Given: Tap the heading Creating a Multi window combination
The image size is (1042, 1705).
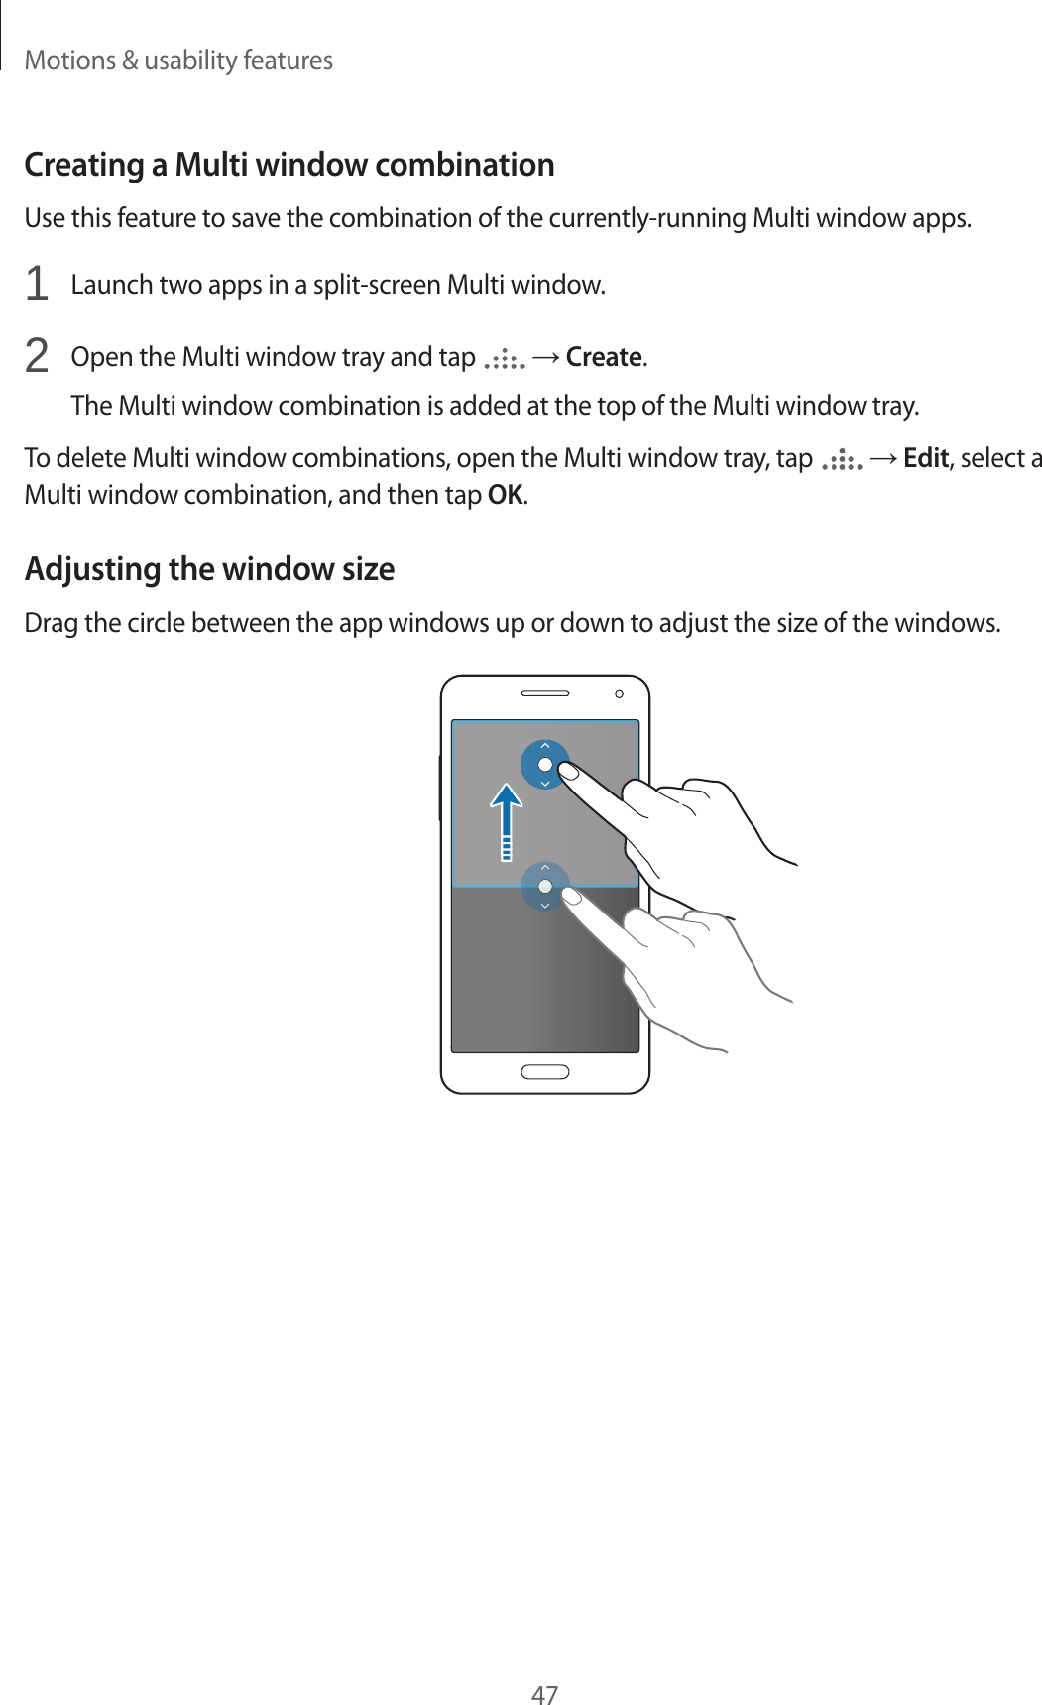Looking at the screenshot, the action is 289,164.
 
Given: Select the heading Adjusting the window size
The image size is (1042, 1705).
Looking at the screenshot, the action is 209,568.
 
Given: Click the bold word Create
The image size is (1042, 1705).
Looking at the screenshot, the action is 605,357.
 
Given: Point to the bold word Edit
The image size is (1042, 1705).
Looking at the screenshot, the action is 926,458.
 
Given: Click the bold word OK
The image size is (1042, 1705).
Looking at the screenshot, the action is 506,495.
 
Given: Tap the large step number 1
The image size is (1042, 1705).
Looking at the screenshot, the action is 37,285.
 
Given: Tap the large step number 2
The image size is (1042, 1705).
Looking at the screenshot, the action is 37,356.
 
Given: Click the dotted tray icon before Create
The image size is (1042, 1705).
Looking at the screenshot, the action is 504,359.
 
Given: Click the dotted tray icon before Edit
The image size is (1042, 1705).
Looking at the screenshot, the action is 842,460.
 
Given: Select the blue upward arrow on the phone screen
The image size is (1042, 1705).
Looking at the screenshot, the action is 507,819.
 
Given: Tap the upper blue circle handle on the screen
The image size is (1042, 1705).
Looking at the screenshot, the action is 544,764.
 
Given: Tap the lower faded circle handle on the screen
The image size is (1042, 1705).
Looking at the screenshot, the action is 544,886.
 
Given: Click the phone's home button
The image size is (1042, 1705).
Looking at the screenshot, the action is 544,1071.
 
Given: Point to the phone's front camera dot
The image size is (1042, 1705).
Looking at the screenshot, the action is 619,694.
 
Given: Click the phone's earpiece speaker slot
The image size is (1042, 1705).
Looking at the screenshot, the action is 544,693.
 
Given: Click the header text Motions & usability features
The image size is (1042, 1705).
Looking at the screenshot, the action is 178,61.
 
